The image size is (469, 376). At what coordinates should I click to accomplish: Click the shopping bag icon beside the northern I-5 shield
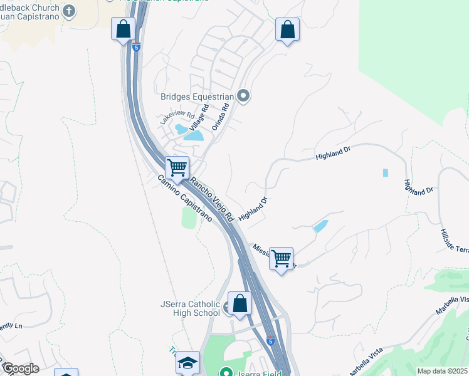124,29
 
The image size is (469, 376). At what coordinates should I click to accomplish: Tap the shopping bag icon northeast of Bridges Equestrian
287,29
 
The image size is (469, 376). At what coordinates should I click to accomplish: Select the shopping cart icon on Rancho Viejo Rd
177,168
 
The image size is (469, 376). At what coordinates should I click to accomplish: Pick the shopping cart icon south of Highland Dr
282,258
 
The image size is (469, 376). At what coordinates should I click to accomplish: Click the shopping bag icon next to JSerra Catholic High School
240,303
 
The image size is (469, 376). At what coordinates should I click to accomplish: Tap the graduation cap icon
187,363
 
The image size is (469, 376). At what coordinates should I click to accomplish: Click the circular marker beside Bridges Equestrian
244,96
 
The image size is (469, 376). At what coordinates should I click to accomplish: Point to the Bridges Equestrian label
198,97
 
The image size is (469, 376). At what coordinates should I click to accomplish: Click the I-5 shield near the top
137,46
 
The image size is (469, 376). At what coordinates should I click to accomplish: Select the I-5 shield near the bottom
270,341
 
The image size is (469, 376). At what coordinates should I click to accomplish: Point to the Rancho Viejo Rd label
211,199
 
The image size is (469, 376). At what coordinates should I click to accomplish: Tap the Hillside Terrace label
453,238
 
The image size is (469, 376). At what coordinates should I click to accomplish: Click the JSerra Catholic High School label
190,309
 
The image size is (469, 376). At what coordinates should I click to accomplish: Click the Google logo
20,368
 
